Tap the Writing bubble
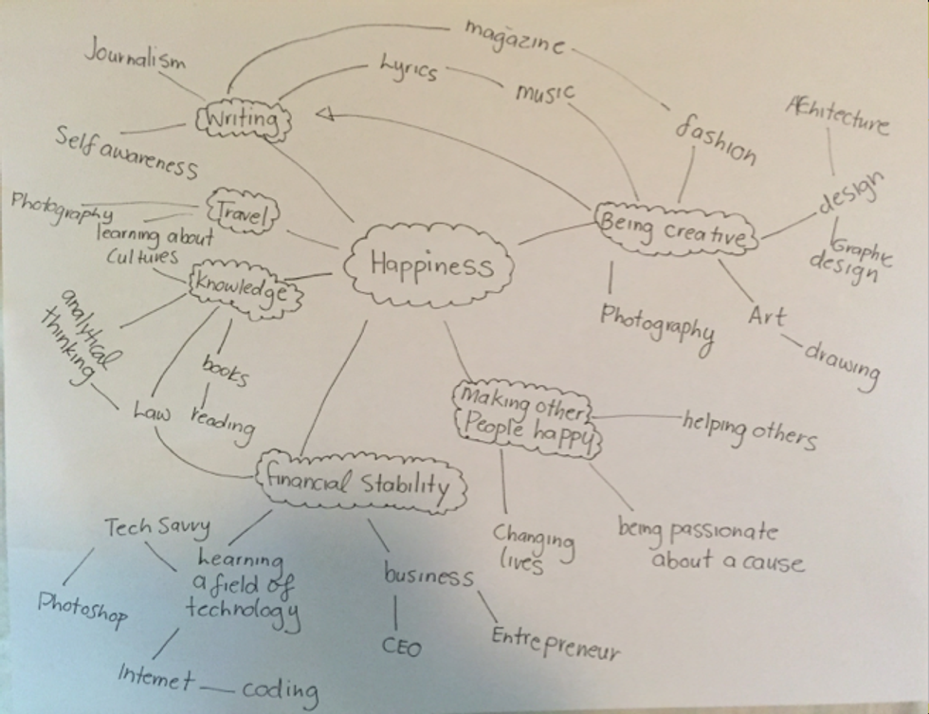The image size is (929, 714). coord(241,120)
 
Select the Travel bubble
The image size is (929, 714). coord(242,212)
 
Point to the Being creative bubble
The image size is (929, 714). coord(676,228)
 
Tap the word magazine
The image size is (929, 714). coord(517,38)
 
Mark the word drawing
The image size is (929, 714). coord(842,363)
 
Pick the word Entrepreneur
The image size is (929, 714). coord(556,643)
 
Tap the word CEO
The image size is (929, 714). coord(402,647)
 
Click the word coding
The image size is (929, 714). coord(280,688)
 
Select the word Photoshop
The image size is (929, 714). coord(82,608)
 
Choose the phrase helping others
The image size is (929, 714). coord(748,428)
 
